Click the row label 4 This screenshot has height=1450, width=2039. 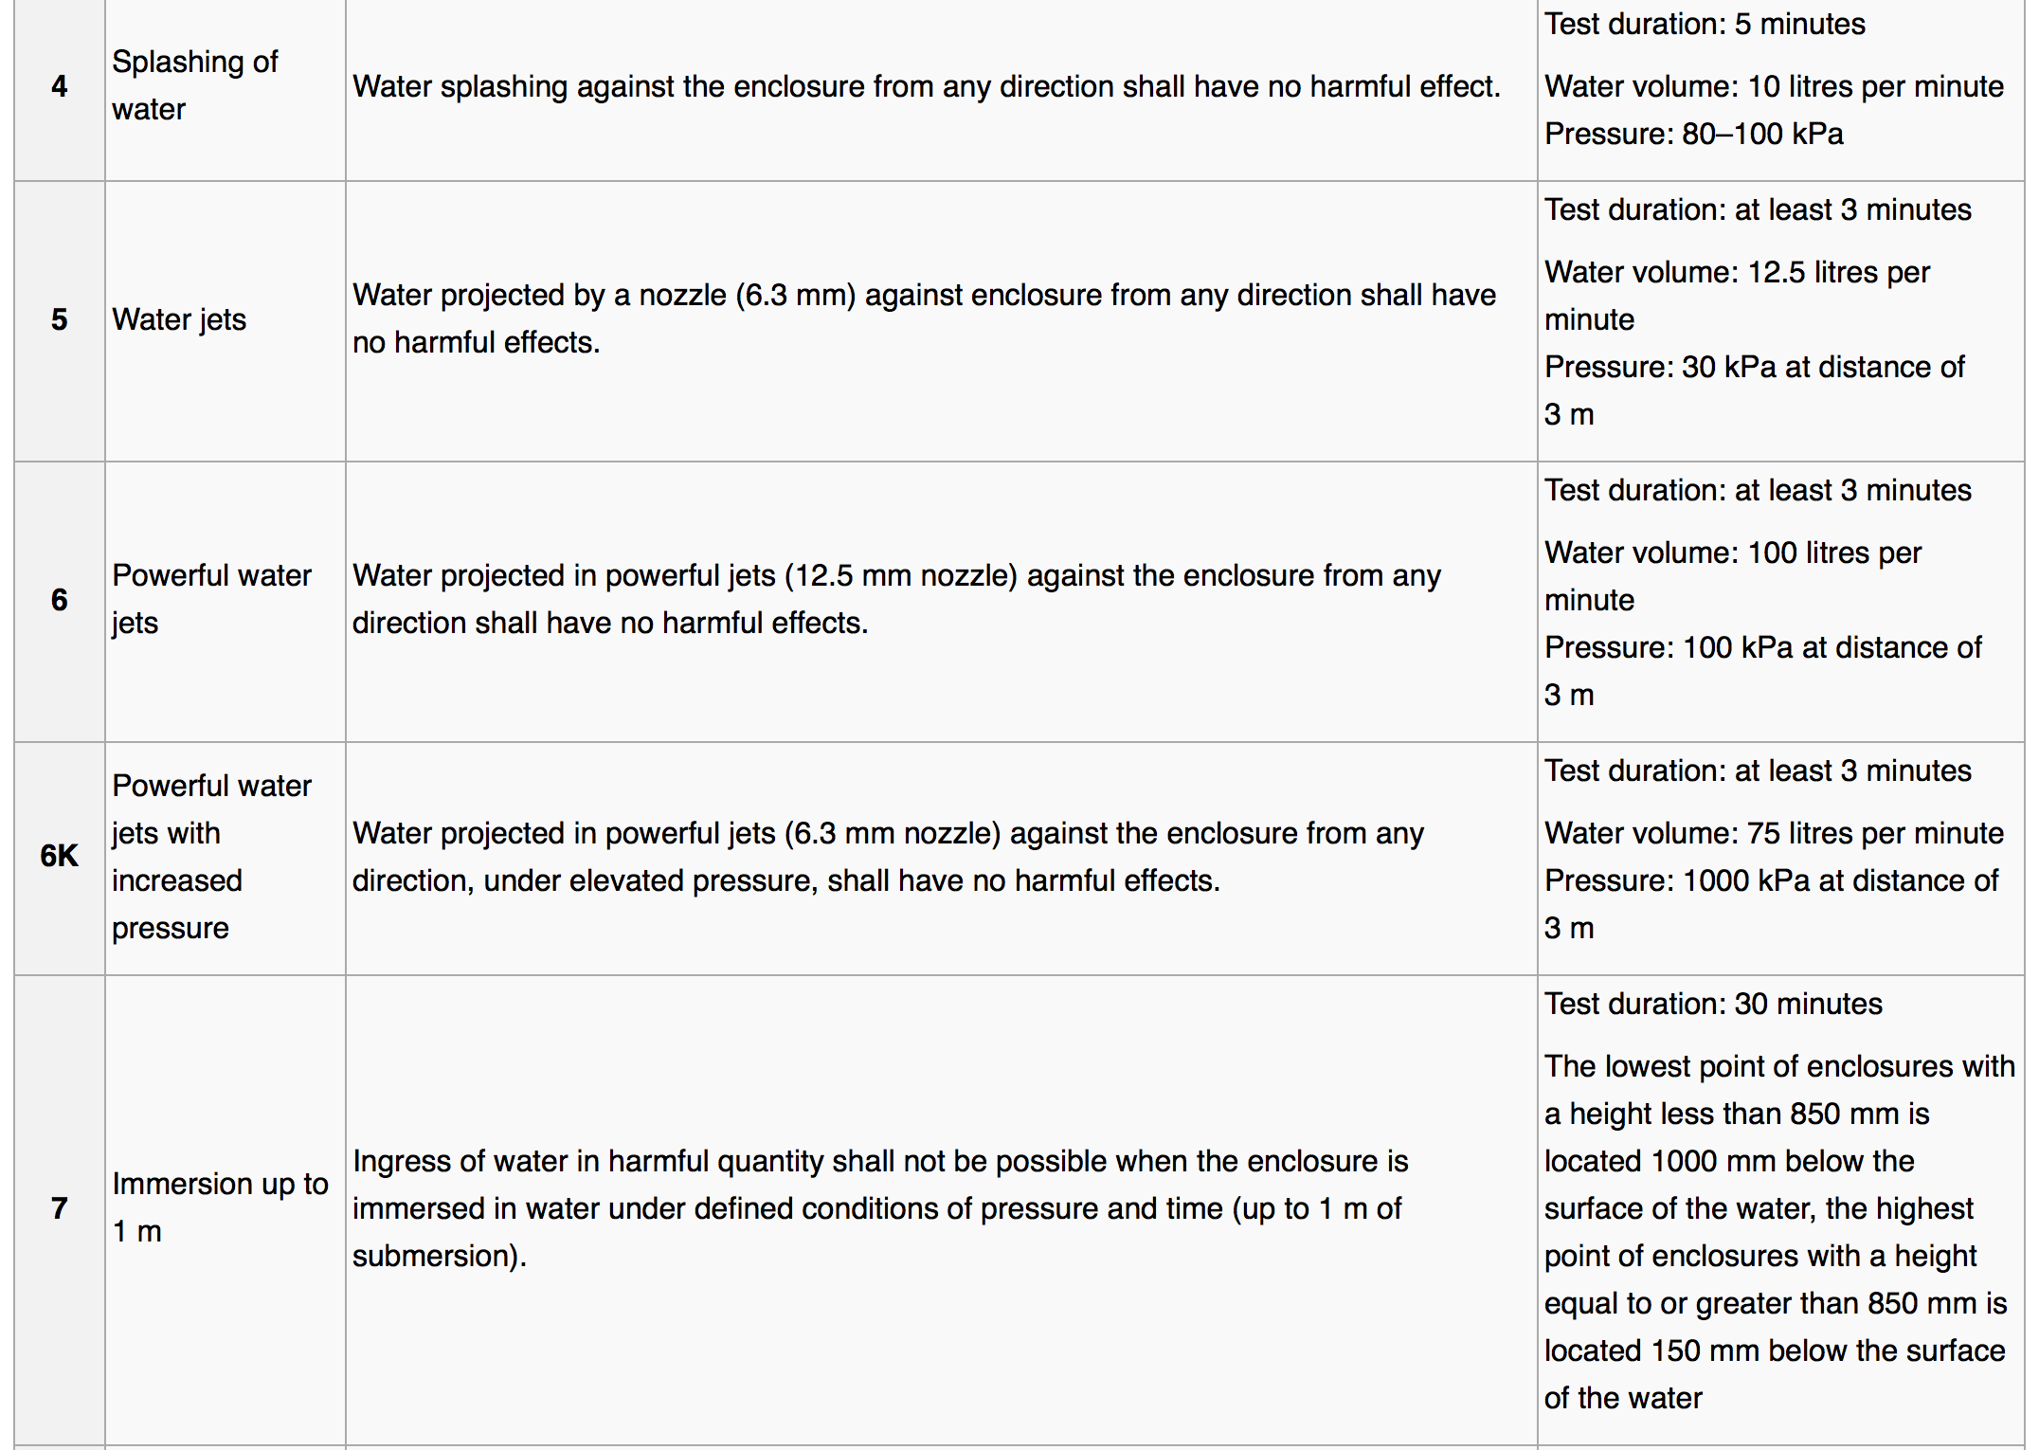click(x=59, y=86)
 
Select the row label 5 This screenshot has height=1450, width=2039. click(x=59, y=319)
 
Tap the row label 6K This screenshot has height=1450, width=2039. click(x=59, y=856)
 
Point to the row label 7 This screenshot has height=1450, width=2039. click(x=59, y=1208)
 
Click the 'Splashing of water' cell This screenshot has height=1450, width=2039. click(x=194, y=85)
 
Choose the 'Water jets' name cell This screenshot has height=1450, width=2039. click(x=179, y=319)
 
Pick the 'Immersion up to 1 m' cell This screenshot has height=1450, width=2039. click(x=220, y=1207)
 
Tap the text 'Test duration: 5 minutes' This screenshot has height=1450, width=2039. click(x=1705, y=24)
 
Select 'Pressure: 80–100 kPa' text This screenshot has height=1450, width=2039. click(x=1694, y=134)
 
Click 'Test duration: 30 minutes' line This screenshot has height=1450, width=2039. click(x=1713, y=1004)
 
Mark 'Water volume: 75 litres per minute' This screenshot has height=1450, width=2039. click(x=1774, y=833)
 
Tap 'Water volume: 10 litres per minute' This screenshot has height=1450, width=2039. click(x=1774, y=86)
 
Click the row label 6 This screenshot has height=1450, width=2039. click(x=59, y=600)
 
